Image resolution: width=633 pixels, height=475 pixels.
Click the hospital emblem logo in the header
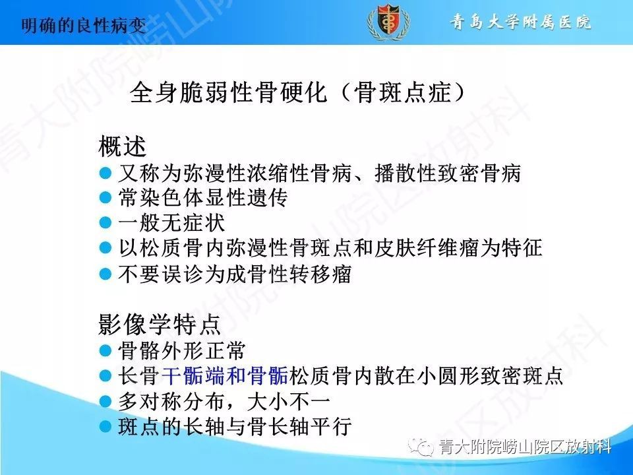point(388,22)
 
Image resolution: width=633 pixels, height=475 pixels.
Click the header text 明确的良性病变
point(83,26)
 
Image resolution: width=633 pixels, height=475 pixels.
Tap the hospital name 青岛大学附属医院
point(521,22)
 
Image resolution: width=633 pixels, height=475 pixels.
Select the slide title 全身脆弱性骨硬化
point(228,93)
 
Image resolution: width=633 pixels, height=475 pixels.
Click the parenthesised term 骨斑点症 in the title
point(402,93)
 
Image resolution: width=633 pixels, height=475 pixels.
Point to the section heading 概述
point(122,146)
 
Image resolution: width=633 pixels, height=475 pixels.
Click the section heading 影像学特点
point(160,324)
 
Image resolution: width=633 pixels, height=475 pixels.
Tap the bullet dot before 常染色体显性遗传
point(105,197)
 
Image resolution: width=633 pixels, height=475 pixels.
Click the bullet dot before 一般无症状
point(105,222)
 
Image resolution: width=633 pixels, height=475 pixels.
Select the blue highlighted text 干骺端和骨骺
point(225,375)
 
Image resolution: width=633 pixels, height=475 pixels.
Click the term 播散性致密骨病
point(448,173)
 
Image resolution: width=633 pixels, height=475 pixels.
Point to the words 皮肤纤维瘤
point(427,247)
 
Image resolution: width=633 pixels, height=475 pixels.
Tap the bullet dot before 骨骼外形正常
point(105,350)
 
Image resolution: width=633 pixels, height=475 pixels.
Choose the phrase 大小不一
point(289,401)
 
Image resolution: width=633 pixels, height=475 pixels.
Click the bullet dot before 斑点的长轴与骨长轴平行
point(105,426)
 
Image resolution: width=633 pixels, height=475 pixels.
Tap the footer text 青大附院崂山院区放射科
point(526,447)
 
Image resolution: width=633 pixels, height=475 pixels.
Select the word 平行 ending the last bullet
point(331,427)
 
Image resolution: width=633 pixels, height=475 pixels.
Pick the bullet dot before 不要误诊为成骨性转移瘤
point(105,274)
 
